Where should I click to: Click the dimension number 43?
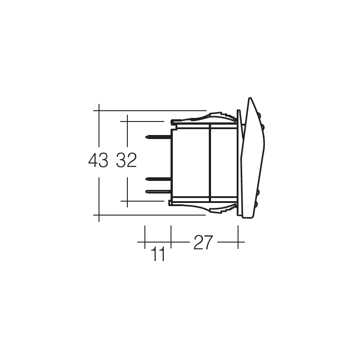98,160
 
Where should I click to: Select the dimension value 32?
126,160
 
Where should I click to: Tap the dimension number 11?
158,254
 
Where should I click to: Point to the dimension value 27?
203,243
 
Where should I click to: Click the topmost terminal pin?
158,137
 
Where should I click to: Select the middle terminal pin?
158,179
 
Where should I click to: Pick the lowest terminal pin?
158,191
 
